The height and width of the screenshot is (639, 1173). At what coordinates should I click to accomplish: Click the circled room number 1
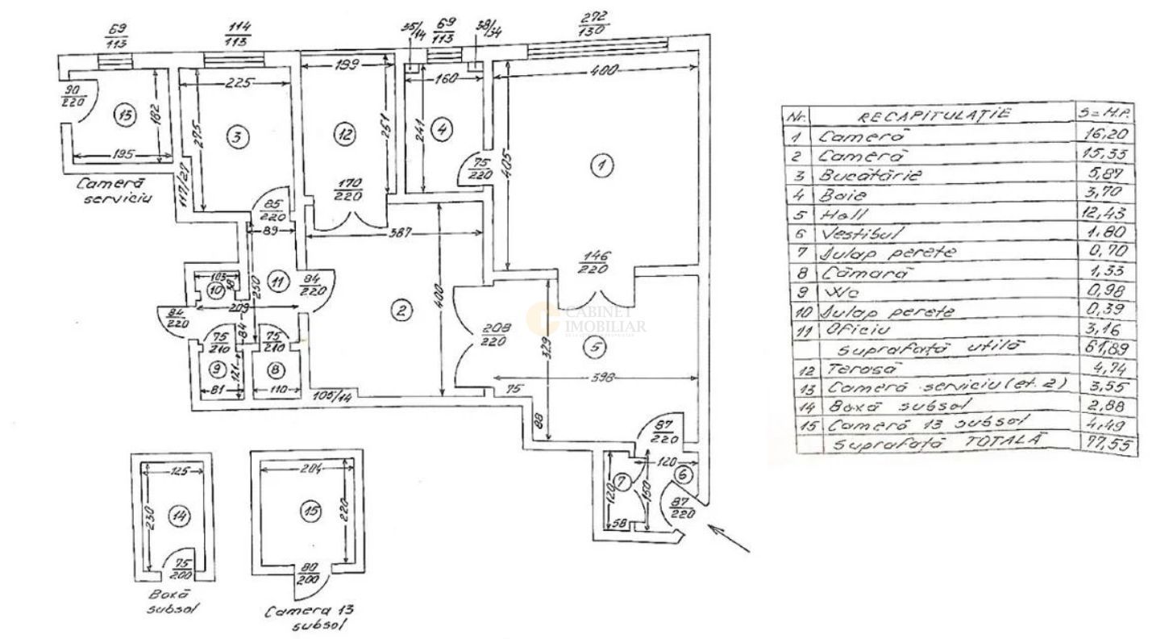click(600, 166)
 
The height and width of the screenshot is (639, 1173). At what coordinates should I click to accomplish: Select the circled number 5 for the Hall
click(594, 349)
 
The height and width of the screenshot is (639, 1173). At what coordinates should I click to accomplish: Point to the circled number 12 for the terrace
click(346, 136)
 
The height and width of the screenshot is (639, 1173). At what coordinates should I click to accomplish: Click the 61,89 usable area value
click(1107, 349)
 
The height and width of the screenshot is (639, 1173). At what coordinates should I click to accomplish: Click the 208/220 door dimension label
click(493, 335)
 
